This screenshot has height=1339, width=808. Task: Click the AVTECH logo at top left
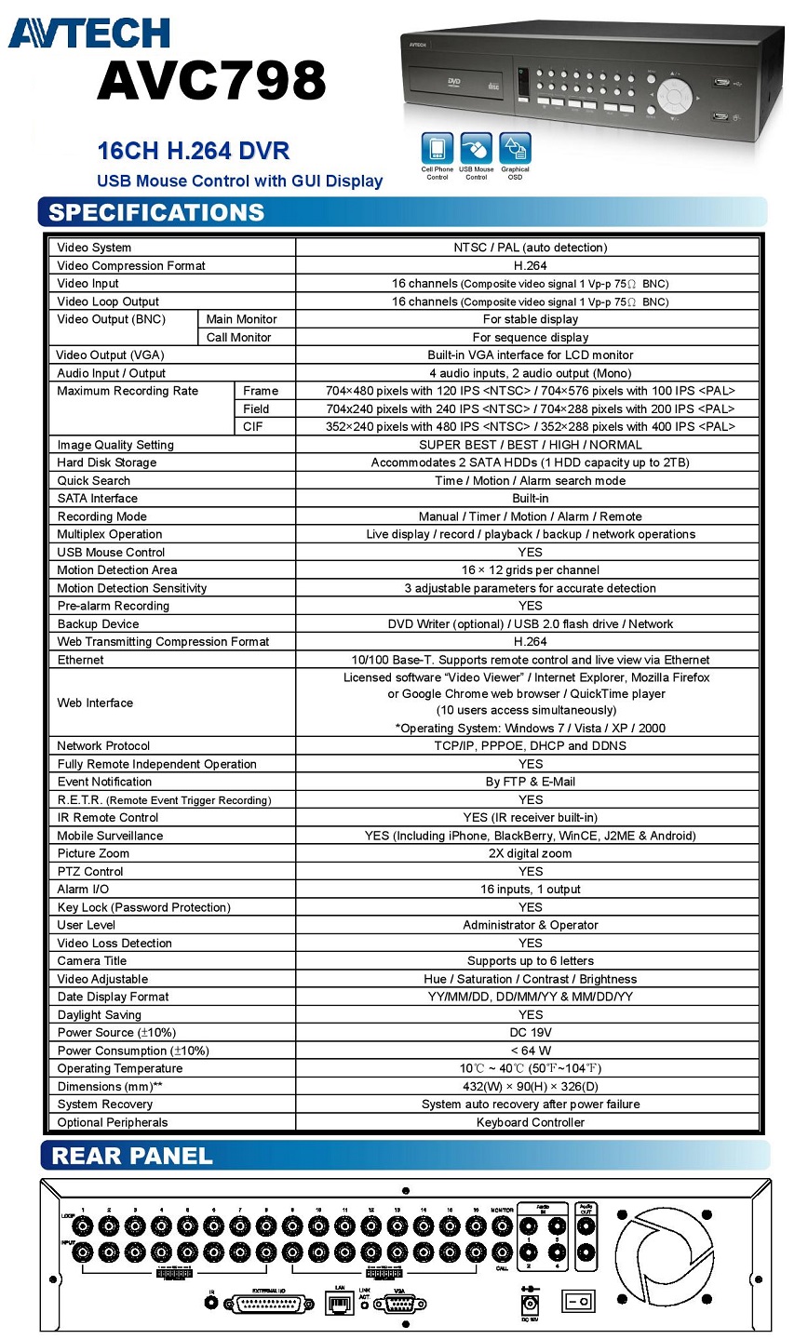tap(88, 33)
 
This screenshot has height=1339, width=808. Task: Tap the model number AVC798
tap(212, 81)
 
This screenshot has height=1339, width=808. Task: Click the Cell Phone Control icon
tap(437, 149)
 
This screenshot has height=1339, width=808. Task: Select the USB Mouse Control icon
tap(476, 149)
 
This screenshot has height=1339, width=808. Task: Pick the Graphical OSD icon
tap(515, 149)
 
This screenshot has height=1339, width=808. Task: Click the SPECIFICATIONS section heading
tap(156, 212)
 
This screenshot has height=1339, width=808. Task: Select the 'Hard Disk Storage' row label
tap(107, 462)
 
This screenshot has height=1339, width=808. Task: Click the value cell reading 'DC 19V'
tap(530, 1033)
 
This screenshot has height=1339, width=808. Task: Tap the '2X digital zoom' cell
tap(530, 853)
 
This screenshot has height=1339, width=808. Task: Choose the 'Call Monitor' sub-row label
tap(239, 338)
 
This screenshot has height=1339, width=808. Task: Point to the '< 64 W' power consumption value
tap(530, 1051)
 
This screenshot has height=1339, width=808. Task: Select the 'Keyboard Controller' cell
tap(530, 1122)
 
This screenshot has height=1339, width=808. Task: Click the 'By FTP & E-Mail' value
tap(530, 782)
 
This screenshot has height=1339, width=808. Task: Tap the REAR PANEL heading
tap(132, 1157)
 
